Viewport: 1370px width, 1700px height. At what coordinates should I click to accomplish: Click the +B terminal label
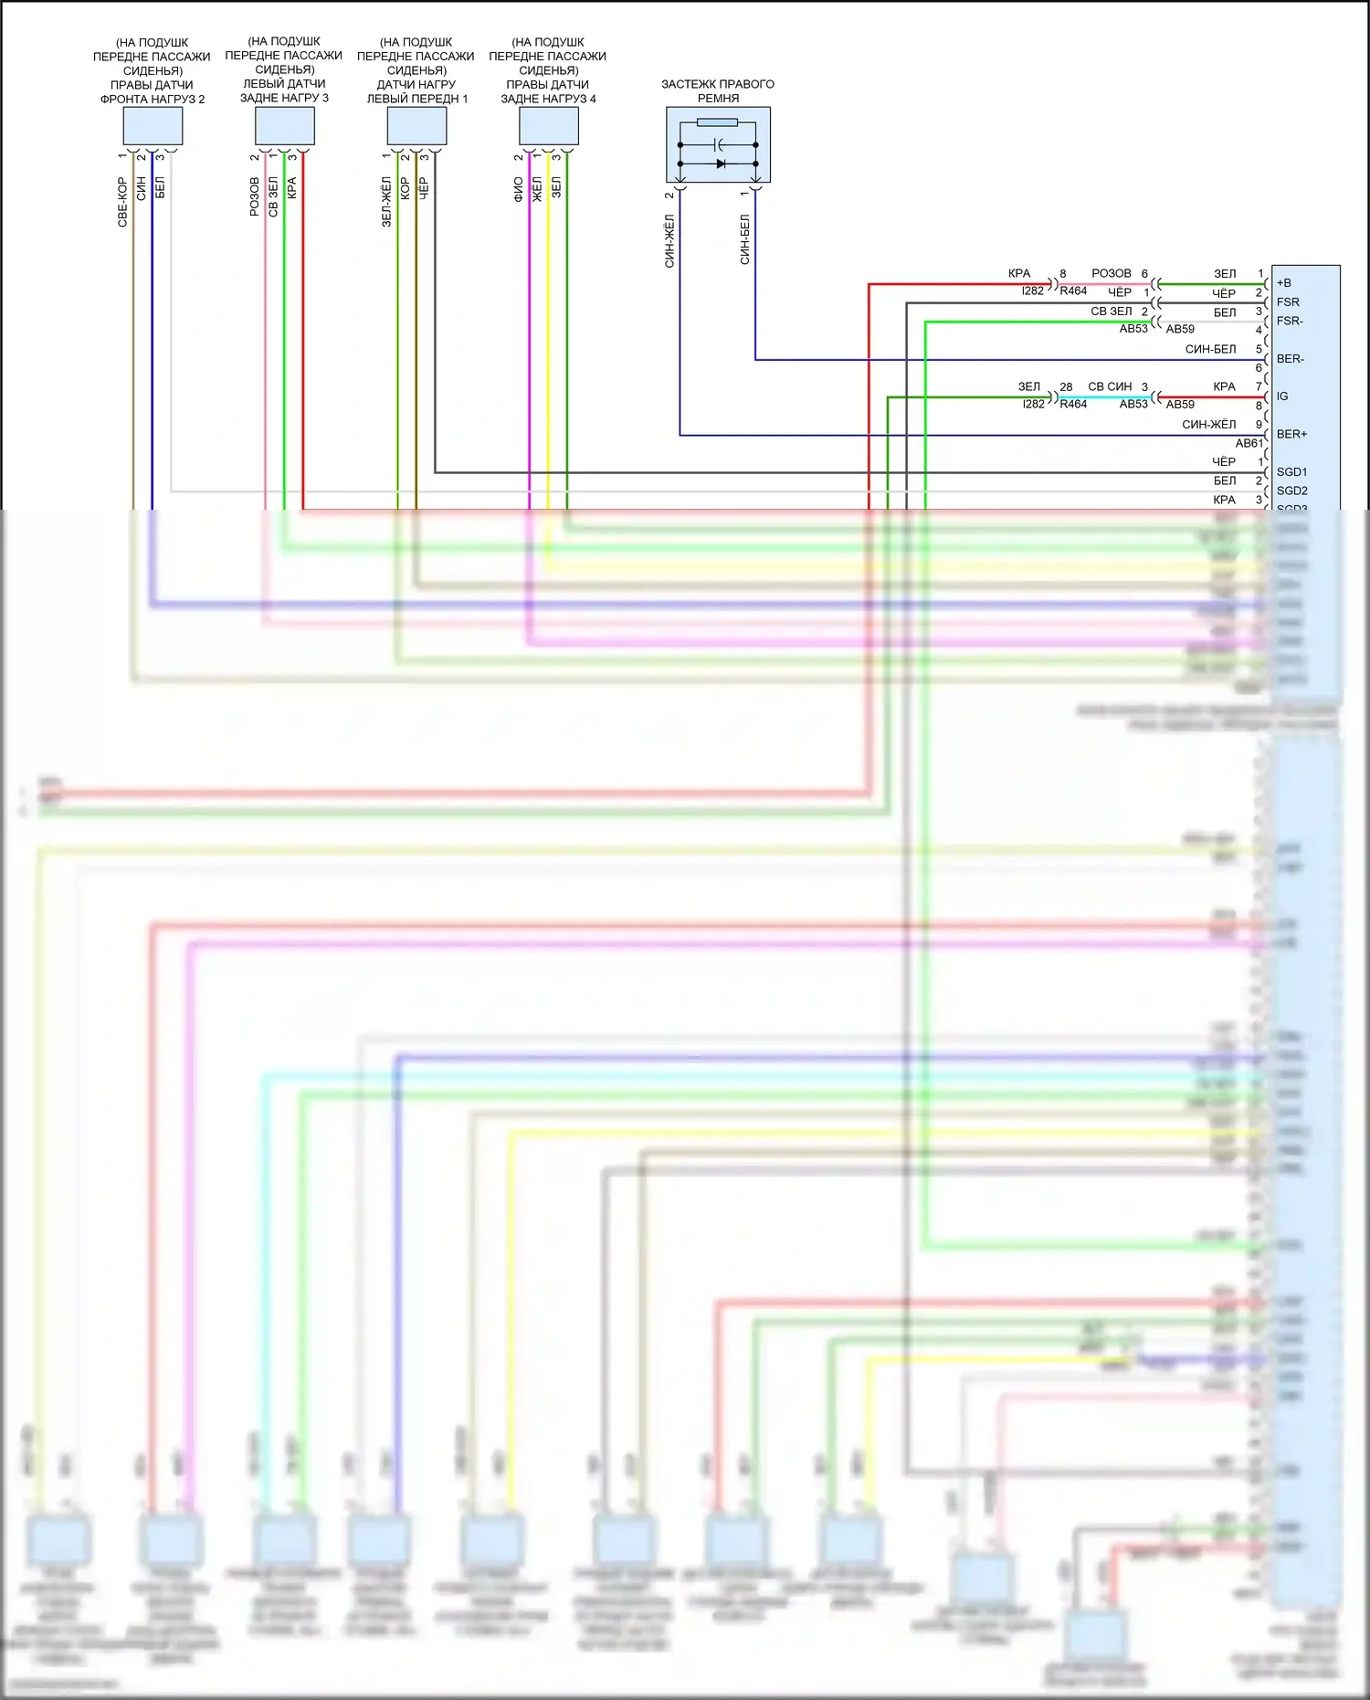pos(1284,283)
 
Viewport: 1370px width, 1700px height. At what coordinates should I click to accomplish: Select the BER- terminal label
pos(1291,359)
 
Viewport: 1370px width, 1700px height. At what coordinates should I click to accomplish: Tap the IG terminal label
pos(1282,396)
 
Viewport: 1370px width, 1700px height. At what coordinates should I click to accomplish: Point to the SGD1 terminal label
pos(1291,472)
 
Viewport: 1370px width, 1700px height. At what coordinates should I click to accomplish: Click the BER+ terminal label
pos(1291,434)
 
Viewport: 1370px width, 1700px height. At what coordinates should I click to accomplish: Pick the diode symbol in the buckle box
pos(721,164)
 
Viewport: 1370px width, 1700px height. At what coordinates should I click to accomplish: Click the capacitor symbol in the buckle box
pos(719,144)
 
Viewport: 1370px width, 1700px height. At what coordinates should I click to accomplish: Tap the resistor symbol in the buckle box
pos(717,122)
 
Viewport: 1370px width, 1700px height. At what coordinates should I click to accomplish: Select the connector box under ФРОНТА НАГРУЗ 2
pos(153,126)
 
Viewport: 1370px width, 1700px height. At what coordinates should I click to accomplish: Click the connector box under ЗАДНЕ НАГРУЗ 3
pos(285,126)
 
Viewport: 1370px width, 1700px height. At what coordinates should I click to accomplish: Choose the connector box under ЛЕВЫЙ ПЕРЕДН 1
pos(416,126)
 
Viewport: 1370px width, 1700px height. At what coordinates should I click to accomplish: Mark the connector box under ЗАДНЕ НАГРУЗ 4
pos(549,126)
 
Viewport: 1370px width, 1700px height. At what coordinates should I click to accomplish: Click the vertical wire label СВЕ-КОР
pos(122,202)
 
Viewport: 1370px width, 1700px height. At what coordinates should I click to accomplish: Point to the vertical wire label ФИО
pos(518,189)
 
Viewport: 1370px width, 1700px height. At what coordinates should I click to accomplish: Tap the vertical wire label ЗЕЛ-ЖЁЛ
pos(386,202)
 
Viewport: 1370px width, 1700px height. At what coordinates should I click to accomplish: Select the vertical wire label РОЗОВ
pos(254,196)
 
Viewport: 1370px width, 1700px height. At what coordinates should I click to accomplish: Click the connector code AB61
pos(1249,443)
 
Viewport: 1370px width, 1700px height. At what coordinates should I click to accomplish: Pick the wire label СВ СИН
pos(1110,386)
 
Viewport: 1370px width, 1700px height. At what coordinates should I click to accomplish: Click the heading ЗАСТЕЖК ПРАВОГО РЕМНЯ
pos(718,90)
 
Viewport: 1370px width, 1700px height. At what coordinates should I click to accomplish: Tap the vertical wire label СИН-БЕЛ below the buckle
pos(744,239)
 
